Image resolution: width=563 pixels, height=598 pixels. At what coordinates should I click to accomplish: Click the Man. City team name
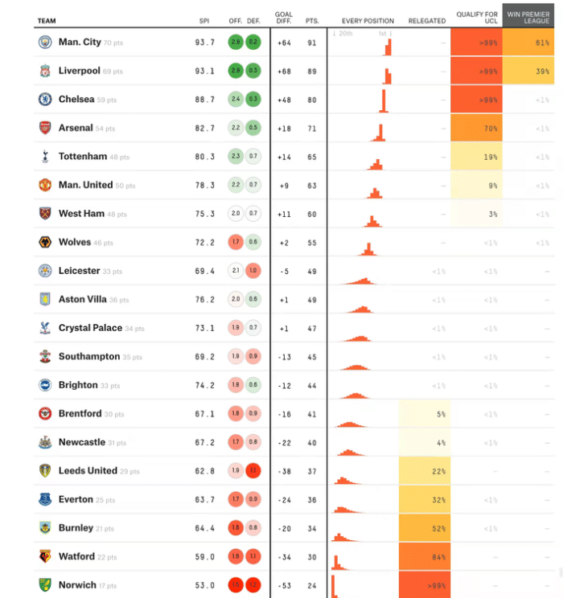click(x=80, y=43)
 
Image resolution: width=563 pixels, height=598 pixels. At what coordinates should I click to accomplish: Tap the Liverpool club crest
click(x=45, y=72)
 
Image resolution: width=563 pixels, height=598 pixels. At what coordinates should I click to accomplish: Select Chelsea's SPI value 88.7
click(x=205, y=100)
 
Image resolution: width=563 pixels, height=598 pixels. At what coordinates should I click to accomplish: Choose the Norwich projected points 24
click(x=310, y=585)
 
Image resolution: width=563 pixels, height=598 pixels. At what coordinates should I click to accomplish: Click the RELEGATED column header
click(x=428, y=21)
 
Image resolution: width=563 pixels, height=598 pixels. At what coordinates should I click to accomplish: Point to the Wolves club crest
click(x=45, y=242)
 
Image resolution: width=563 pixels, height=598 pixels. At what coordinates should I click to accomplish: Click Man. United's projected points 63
click(x=310, y=185)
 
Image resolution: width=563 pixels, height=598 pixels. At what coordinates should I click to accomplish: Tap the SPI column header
click(x=204, y=21)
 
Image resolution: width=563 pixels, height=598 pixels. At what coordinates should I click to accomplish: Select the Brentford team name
click(x=80, y=414)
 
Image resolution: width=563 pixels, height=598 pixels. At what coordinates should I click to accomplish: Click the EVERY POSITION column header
click(x=368, y=21)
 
